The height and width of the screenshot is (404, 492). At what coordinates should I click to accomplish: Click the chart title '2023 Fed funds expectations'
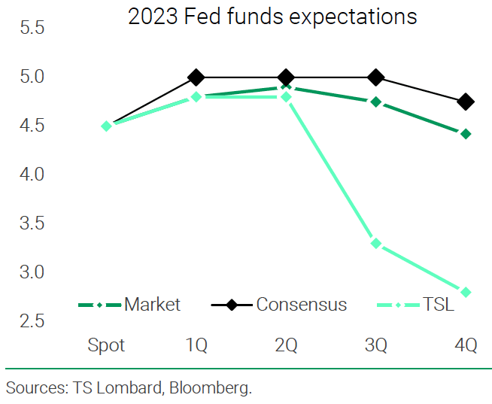[272, 17]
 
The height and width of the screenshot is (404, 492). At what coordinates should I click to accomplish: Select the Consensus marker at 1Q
[196, 77]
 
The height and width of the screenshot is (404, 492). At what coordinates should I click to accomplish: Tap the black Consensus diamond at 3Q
[376, 77]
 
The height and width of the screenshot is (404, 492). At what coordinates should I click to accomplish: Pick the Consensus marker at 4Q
[466, 102]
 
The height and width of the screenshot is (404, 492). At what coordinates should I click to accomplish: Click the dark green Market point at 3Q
[376, 102]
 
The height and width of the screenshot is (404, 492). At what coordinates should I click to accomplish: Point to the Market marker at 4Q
[466, 134]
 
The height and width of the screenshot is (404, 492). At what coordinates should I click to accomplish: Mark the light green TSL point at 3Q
[376, 243]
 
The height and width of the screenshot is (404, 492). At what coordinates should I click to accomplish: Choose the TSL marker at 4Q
[466, 292]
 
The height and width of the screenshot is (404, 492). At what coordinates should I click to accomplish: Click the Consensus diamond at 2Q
[286, 77]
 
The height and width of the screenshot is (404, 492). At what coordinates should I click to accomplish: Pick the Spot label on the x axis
[106, 346]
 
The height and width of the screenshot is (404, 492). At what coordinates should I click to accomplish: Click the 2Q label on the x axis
[286, 346]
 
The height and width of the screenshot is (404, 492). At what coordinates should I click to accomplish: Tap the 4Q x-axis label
[466, 346]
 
